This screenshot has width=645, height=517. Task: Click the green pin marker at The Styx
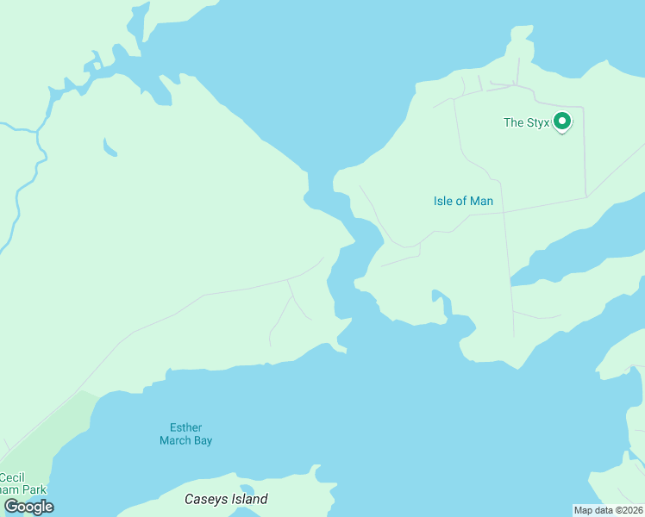(562, 121)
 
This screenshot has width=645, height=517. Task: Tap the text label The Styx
(526, 122)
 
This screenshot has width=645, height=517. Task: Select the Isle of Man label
(463, 202)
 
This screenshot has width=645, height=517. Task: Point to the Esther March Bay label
(185, 433)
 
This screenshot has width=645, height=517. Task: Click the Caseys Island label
(226, 499)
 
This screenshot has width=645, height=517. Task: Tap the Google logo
(28, 507)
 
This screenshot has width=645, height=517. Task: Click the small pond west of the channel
(109, 148)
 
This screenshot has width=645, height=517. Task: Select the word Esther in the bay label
(185, 427)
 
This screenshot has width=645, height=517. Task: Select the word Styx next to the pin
(538, 122)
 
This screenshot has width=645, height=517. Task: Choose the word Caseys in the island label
(204, 499)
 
